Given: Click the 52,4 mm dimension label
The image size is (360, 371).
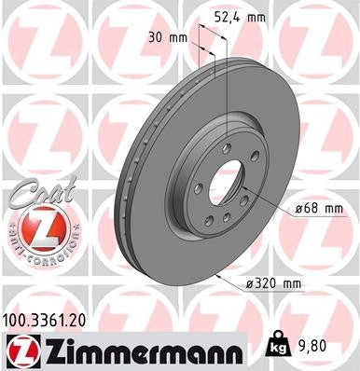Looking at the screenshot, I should [x=244, y=16].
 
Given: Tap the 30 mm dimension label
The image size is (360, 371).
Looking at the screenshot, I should [x=170, y=38].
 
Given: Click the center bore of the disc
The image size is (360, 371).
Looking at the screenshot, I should [x=222, y=181].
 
